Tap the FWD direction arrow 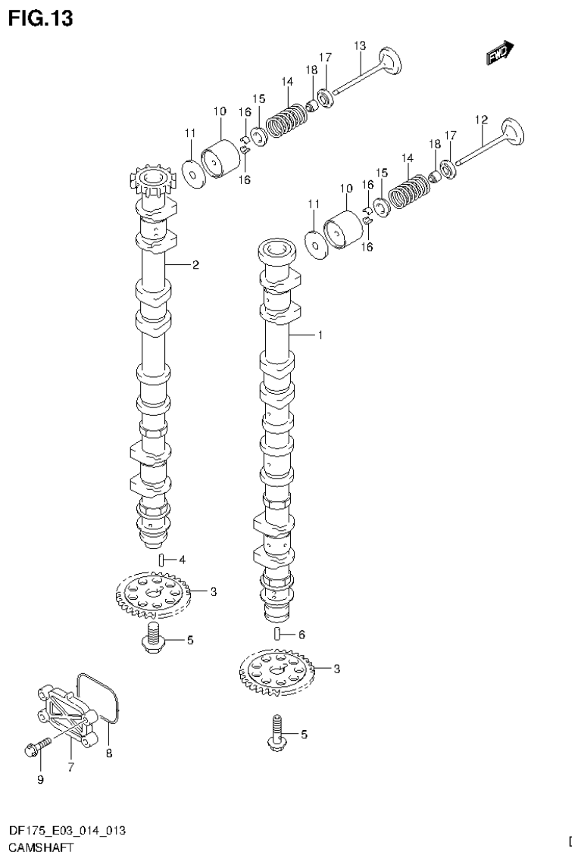coord(500,52)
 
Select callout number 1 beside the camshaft coord(320,334)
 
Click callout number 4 coord(181,560)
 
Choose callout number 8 coord(108,753)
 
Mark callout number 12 coord(481,120)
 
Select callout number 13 coord(360,46)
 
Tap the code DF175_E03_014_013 coord(67,831)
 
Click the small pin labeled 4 coord(161,560)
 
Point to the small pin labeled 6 coord(278,634)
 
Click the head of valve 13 coord(392,62)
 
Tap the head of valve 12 coord(512,134)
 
